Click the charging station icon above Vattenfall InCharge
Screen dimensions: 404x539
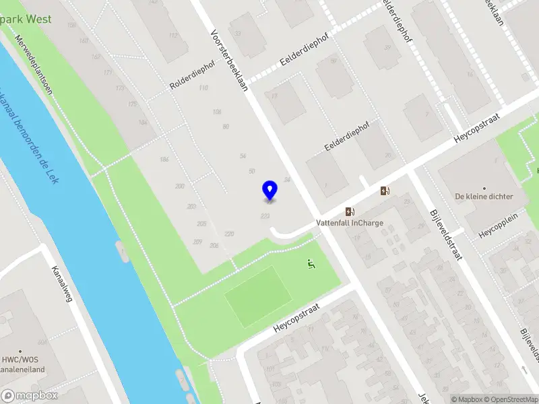[x=350, y=211]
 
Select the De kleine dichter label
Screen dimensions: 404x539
[x=484, y=197]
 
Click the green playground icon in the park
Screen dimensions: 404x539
[x=311, y=264]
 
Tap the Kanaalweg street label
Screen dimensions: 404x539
[x=61, y=283]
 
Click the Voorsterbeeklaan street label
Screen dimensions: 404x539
[x=229, y=60]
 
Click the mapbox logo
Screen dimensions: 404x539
[x=29, y=395]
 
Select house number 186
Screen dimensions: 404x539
[x=164, y=160]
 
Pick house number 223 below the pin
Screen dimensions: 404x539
[x=265, y=215]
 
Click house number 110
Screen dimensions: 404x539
[x=203, y=88]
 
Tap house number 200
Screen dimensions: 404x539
[x=179, y=186]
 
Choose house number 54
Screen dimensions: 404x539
[x=243, y=156]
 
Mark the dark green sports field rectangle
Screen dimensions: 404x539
[x=258, y=296]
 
